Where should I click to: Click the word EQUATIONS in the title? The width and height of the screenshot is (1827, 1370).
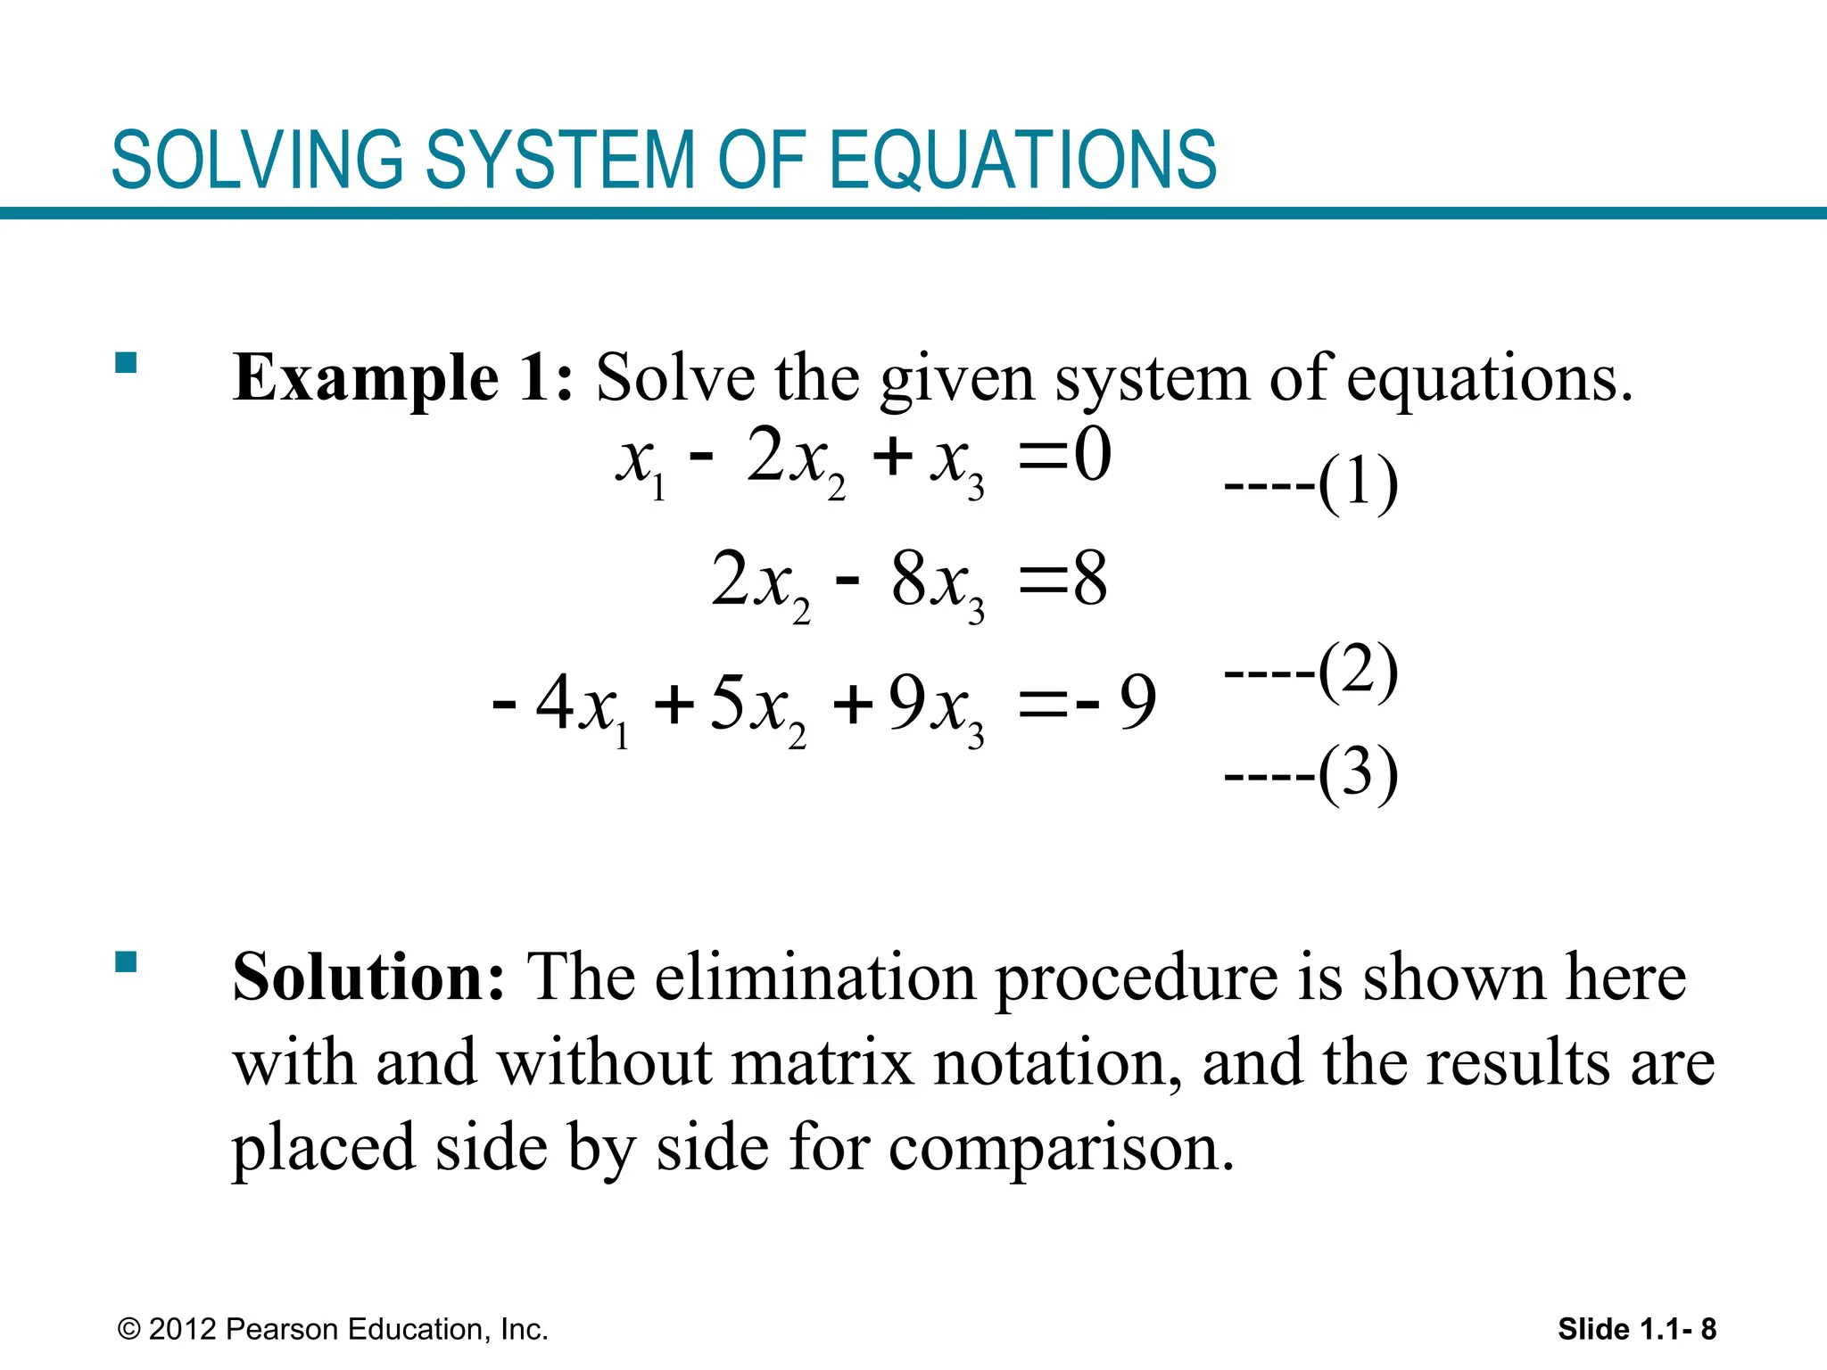tap(1023, 161)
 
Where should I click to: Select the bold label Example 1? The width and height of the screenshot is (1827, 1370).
tap(402, 378)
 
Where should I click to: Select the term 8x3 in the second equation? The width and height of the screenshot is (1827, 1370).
tap(937, 582)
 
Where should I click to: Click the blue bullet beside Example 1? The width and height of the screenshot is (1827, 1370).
tap(126, 363)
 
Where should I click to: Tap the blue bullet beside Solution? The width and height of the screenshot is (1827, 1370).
tap(126, 962)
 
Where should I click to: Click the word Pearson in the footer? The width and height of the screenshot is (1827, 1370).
tap(283, 1330)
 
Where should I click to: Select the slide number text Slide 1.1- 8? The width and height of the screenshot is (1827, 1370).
tap(1636, 1330)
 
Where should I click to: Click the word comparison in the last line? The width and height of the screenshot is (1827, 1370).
tap(1062, 1148)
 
